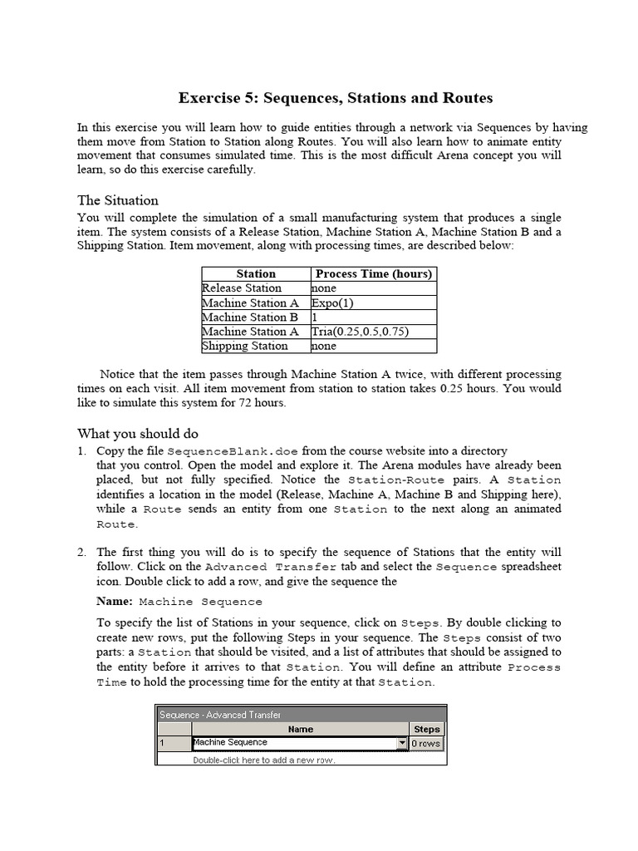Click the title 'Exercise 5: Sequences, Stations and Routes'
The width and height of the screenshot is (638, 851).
coord(336,98)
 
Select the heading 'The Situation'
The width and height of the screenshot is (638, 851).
coord(117,200)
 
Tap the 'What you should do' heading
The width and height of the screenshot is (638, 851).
coord(138,433)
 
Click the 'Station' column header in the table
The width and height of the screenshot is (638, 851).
coord(256,273)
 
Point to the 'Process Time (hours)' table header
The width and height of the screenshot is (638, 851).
coord(372,273)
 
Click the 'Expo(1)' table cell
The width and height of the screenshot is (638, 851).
coord(332,303)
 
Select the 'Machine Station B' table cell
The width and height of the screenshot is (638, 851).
coord(249,317)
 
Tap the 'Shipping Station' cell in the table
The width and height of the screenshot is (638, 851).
coord(244,346)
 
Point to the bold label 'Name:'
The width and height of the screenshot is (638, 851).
coord(115,601)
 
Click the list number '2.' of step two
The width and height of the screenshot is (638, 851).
coord(82,552)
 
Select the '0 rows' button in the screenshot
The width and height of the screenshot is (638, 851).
coord(426,743)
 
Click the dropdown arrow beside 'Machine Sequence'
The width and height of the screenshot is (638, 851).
coord(402,743)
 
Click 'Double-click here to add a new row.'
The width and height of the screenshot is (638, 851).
coord(264,760)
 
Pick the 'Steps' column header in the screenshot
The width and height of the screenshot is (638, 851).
coord(426,729)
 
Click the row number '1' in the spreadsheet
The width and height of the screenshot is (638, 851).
coord(163,743)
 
